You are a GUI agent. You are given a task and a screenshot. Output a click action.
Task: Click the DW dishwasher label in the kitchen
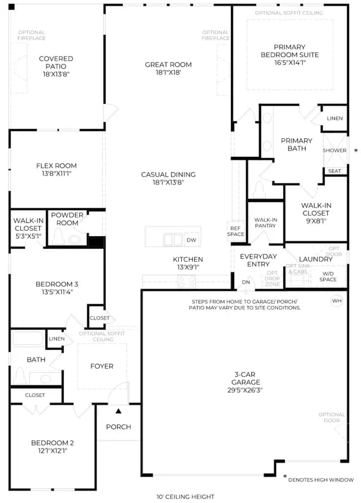pos(191,240)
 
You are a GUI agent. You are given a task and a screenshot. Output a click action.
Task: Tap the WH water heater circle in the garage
pos(337,301)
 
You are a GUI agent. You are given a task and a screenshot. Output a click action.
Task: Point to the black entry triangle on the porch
pos(118,410)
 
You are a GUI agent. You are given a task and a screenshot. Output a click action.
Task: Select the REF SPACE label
pos(235,231)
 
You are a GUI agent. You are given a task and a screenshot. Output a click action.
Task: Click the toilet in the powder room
pos(58,237)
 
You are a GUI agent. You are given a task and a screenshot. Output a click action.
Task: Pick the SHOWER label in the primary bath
pos(334,151)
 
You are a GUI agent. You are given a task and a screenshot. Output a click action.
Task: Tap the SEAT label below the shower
pos(334,171)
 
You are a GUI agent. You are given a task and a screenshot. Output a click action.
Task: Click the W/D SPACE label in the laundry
pos(328,277)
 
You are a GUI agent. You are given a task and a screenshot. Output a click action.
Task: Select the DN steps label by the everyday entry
pos(246,282)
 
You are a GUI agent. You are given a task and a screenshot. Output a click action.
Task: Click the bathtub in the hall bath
pos(28,338)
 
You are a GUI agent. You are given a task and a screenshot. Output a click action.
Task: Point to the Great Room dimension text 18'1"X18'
pos(168,72)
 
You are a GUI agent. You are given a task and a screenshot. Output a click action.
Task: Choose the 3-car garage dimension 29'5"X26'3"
pos(245,390)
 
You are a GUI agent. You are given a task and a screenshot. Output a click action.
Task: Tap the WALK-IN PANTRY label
pos(266,222)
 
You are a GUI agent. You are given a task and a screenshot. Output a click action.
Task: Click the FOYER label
pos(102,366)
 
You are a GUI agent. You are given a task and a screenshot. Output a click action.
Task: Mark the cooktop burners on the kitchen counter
pos(187,282)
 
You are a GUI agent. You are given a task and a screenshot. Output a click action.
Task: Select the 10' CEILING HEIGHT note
pos(186,497)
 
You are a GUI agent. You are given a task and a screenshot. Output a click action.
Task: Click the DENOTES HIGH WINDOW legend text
pos(321,480)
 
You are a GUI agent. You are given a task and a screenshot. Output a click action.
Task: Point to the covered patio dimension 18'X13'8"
pos(56,74)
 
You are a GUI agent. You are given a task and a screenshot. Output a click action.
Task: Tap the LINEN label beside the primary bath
pos(334,119)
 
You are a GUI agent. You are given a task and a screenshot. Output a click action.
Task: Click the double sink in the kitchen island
pos(173,239)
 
